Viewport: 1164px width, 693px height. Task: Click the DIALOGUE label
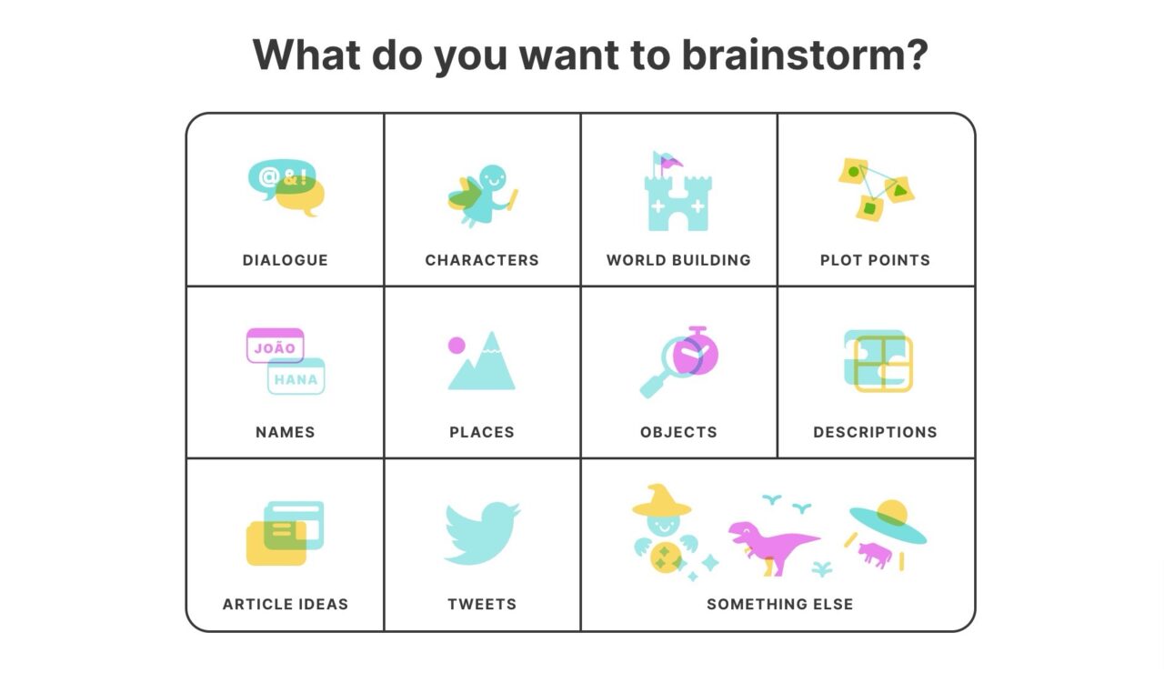286,260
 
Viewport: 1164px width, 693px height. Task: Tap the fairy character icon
483,196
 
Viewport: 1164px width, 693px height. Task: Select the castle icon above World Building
678,191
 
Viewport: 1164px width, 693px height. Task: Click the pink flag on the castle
671,162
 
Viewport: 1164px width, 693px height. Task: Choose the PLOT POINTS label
875,260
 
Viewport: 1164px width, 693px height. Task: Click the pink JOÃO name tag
276,346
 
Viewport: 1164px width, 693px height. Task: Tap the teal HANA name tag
296,377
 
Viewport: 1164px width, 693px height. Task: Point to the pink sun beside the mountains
457,346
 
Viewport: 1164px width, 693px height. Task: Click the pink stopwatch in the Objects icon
696,352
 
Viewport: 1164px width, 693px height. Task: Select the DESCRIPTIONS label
875,432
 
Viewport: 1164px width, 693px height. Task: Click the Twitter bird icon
482,532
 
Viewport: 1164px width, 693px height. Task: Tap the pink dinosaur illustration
773,547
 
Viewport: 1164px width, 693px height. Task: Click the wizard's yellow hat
661,501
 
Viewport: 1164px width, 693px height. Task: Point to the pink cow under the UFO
875,554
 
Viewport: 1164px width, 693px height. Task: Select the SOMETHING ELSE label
780,604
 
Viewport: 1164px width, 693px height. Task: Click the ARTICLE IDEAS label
286,604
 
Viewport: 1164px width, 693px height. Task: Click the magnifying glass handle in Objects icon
653,385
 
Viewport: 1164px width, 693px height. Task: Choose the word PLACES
482,432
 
